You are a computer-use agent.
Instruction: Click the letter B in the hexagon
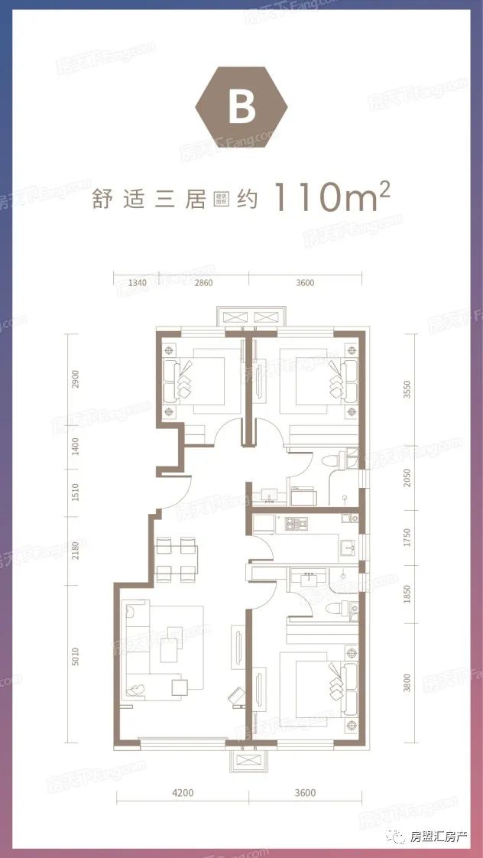coord(241,109)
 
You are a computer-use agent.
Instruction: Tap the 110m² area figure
coord(332,197)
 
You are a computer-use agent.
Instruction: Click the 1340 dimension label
coord(137,283)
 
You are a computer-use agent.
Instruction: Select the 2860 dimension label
coord(203,283)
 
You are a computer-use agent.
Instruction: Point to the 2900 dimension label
coord(75,381)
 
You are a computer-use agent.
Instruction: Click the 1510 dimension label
coord(75,491)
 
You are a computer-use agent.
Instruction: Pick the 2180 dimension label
coord(75,551)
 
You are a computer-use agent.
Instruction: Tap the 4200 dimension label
coord(183,793)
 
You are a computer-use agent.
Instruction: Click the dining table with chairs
coord(177,558)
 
